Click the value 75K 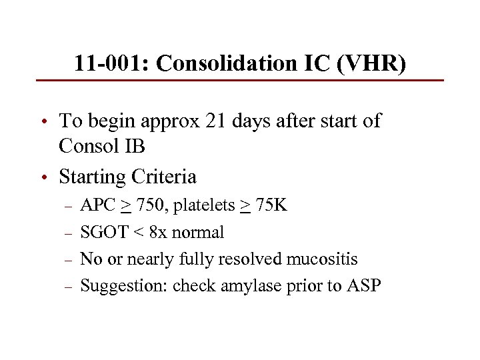coord(271,205)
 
